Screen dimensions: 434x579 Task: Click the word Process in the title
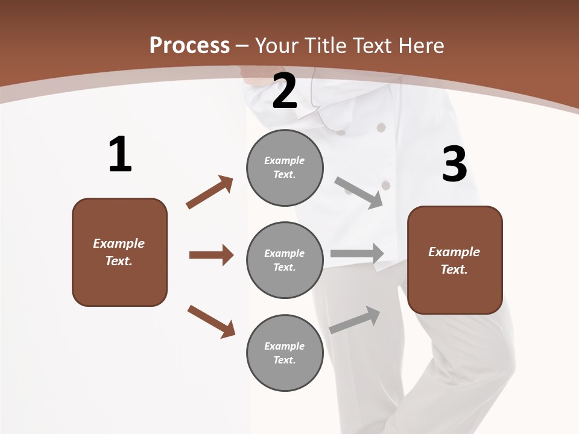point(189,45)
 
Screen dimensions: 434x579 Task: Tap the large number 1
point(120,154)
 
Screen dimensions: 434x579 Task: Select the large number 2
point(285,91)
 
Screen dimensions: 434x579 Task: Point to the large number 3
point(454,165)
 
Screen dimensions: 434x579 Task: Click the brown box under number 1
point(119,252)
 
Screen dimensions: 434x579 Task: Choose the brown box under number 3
point(455,260)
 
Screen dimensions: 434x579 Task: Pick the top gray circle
point(285,168)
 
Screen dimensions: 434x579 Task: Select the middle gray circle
point(285,260)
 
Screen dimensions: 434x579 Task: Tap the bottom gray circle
point(285,353)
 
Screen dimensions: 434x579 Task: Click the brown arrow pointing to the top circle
point(210,192)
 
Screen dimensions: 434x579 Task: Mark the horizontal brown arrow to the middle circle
point(211,255)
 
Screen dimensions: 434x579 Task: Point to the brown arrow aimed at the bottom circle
point(211,321)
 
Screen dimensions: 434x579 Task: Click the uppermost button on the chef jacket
point(381,127)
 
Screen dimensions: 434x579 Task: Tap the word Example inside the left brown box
point(119,244)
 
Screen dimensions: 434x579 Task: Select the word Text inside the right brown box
point(454,269)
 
